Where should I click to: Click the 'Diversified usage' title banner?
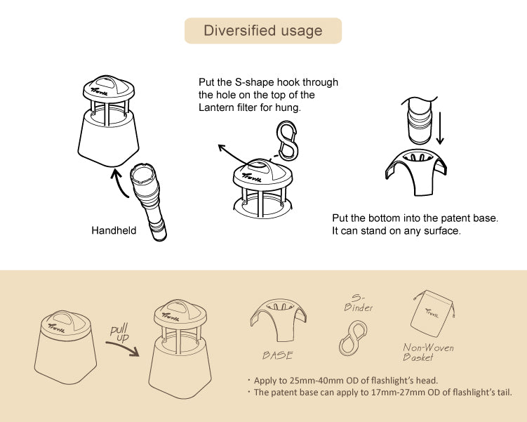[263, 31]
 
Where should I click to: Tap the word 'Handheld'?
[114, 230]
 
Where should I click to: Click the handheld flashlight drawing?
[149, 202]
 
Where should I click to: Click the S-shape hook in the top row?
[287, 140]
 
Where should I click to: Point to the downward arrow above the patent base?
[440, 128]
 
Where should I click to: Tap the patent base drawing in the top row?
[416, 172]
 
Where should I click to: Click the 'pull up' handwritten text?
[120, 334]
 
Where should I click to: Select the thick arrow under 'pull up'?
[124, 348]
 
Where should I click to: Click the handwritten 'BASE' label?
[278, 355]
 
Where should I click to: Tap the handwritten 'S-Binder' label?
[359, 303]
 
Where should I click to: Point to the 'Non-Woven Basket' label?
[428, 352]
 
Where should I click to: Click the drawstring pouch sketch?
[433, 314]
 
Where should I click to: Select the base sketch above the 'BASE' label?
[279, 319]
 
